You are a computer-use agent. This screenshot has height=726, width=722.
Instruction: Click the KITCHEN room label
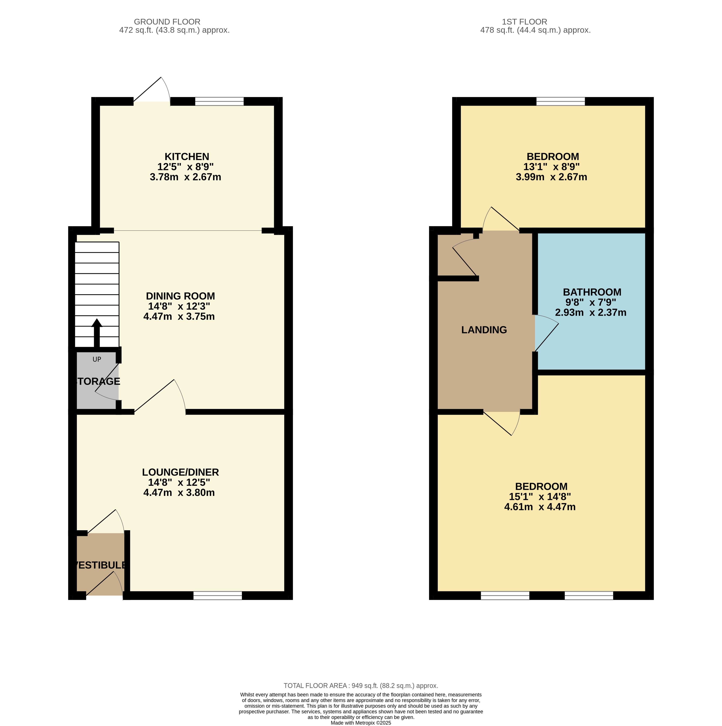coord(187,156)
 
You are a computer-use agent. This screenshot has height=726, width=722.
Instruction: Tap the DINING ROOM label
coord(180,296)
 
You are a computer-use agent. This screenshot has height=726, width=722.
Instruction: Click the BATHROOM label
coord(592,292)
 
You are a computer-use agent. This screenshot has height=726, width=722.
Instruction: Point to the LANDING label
coord(484,330)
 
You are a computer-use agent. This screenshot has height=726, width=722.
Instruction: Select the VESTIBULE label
coord(101,565)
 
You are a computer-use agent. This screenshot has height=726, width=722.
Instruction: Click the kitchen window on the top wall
coord(219,101)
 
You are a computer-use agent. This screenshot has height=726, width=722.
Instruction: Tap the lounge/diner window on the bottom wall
coord(218,595)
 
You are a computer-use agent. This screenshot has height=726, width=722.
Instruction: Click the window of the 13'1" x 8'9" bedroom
coord(561,101)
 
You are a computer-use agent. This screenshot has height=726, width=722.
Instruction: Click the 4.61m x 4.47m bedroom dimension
coord(540,507)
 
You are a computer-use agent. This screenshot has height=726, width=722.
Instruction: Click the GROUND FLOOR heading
coord(167,22)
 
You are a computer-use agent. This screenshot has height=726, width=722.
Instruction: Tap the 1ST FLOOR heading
coord(524,22)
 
